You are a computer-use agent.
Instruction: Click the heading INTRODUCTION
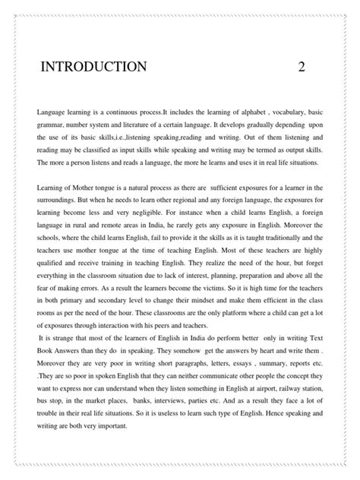(x=93, y=66)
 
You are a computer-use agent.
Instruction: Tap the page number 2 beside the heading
(x=302, y=66)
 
